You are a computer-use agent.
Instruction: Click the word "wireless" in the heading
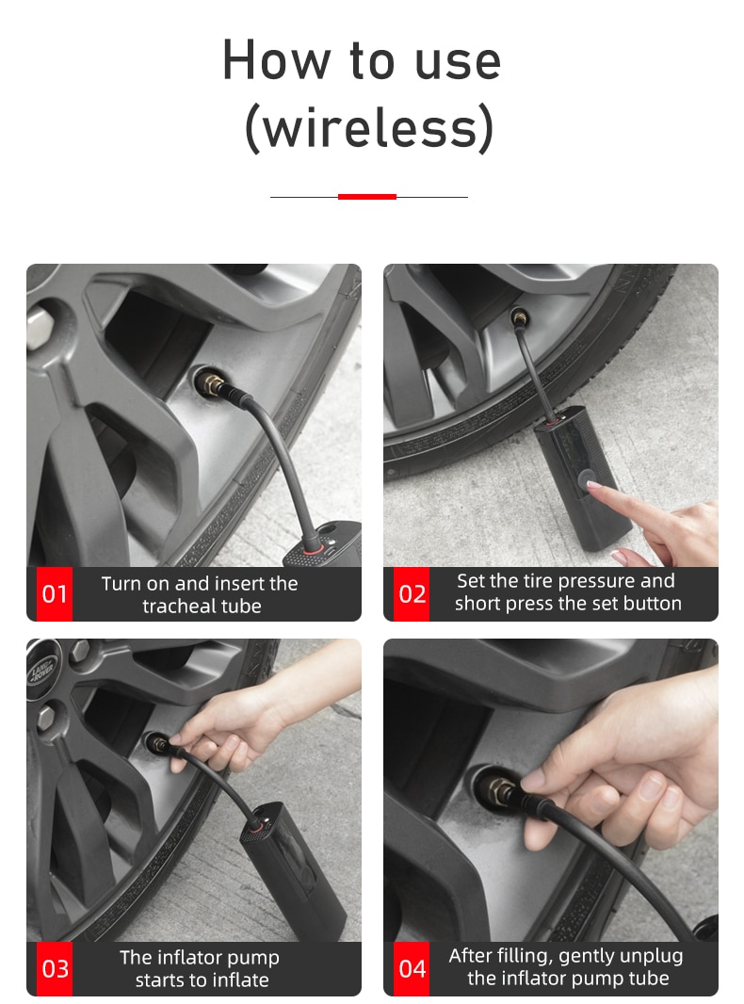(370, 127)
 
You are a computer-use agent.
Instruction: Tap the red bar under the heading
(367, 197)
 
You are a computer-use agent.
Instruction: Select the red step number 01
(55, 593)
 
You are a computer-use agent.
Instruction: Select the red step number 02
(412, 593)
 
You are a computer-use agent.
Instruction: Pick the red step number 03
(55, 968)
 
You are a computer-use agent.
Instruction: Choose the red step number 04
(412, 968)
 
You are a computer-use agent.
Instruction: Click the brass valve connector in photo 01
(211, 384)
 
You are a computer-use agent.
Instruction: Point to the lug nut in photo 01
(40, 327)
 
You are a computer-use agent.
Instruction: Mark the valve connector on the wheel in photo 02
(519, 317)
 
